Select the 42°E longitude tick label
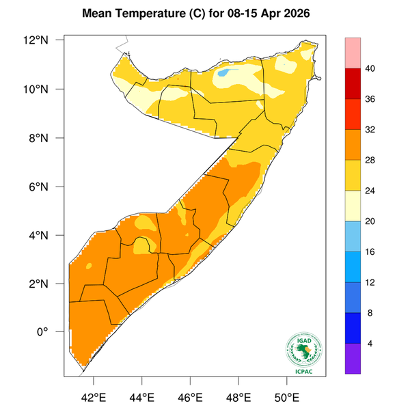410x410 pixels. [94, 396]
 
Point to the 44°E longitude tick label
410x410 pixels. [142, 396]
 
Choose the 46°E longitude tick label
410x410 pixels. [190, 396]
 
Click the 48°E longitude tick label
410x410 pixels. [238, 396]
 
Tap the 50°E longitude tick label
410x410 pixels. [286, 396]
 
